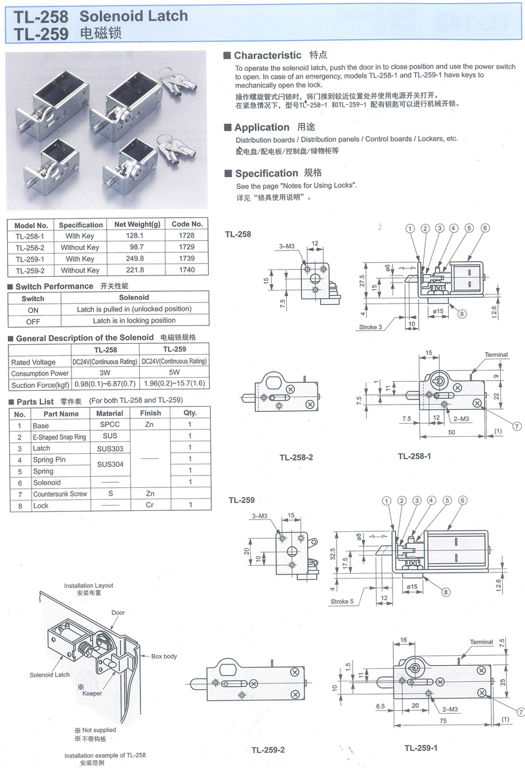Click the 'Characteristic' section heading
(267, 56)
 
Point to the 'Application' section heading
(261, 127)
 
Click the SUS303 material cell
(109, 449)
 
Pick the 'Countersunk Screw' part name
(60, 494)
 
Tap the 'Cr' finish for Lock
(150, 506)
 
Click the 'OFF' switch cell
(33, 321)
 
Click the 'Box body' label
(164, 656)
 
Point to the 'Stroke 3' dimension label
(371, 326)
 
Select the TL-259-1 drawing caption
(421, 747)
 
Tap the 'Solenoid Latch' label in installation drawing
(49, 674)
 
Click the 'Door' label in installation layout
(118, 613)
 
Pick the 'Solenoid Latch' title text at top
(134, 16)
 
